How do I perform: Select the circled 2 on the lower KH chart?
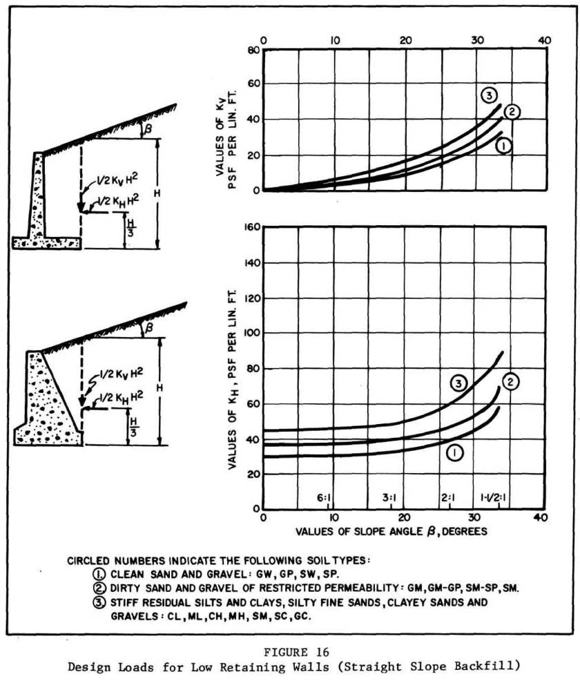pos(510,381)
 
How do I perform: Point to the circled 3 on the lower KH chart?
pos(458,382)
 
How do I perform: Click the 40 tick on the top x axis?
pos(544,40)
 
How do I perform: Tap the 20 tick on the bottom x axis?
pos(404,517)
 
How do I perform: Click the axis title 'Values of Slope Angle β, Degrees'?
pos(392,533)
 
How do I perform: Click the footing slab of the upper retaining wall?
pos(47,242)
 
